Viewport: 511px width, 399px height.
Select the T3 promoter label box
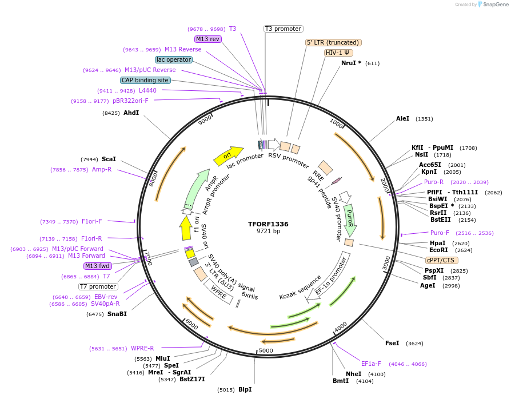pyautogui.click(x=283, y=29)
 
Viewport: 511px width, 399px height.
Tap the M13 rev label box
pyautogui.click(x=207, y=39)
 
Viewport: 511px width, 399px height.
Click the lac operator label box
pyautogui.click(x=173, y=59)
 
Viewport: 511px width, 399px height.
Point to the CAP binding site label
pyautogui.click(x=145, y=80)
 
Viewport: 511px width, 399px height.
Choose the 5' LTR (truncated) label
pyautogui.click(x=334, y=42)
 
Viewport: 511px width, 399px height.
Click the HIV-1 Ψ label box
pyautogui.click(x=338, y=53)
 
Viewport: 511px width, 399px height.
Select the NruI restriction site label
pyautogui.click(x=351, y=63)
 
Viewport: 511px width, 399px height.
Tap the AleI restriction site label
pyautogui.click(x=403, y=119)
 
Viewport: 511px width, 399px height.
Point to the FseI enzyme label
pyautogui.click(x=392, y=344)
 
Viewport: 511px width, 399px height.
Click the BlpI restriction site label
pyautogui.click(x=245, y=389)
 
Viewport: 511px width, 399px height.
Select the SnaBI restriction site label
pyautogui.click(x=117, y=314)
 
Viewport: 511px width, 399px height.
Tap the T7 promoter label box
pyautogui.click(x=98, y=286)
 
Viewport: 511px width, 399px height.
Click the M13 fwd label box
pyautogui.click(x=98, y=266)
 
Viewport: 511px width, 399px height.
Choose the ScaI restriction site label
pyautogui.click(x=109, y=159)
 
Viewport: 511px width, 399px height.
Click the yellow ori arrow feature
pyautogui.click(x=226, y=155)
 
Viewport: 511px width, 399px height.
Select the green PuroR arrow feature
pyautogui.click(x=350, y=220)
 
